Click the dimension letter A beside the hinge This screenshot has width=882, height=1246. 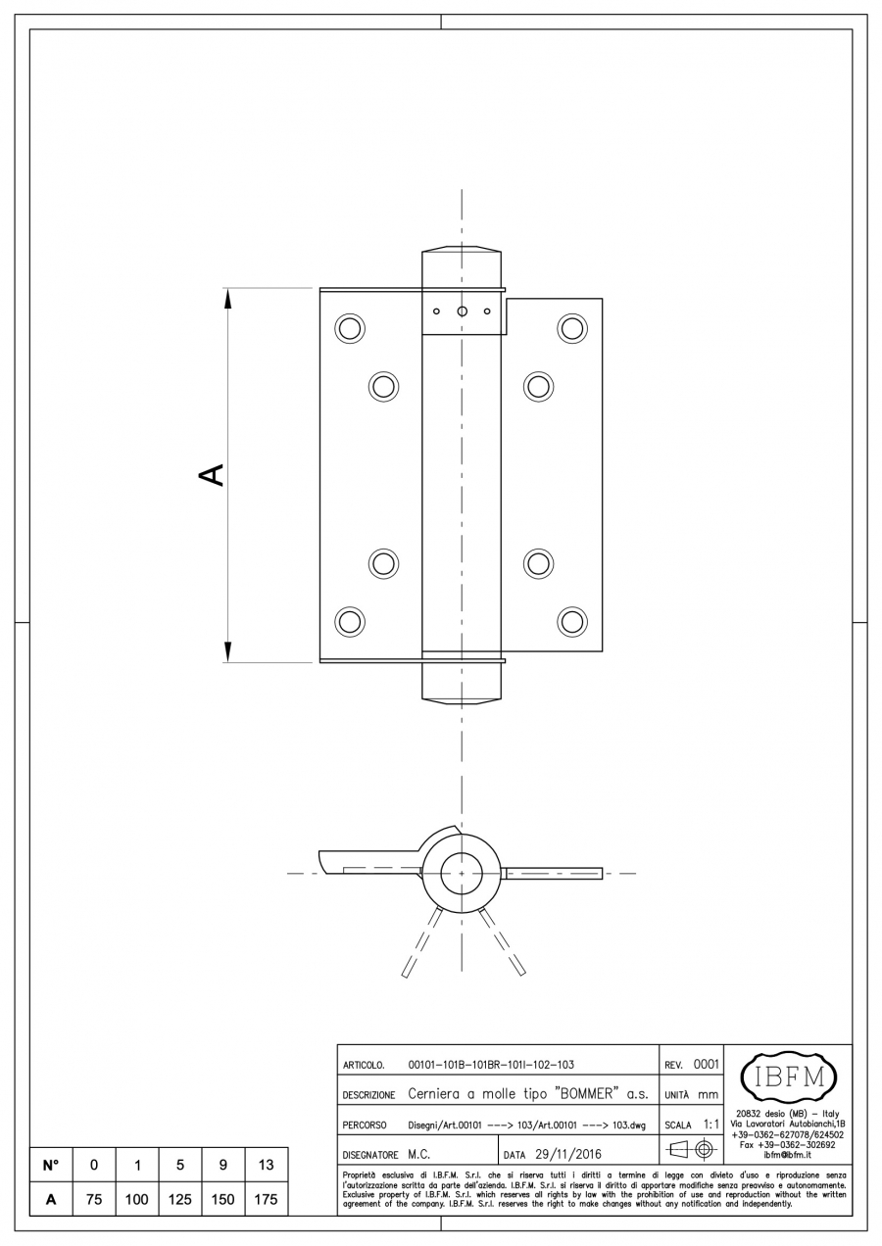coord(211,474)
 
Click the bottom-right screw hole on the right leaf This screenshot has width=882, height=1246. coord(571,621)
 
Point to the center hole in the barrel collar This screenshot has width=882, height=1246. coord(462,311)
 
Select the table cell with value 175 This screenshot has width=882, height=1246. coord(266,1199)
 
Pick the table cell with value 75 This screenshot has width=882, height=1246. coord(93,1199)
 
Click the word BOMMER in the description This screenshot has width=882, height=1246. coord(588,1093)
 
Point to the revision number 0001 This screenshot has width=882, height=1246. coord(707,1064)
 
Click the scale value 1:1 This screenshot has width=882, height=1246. coord(711,1125)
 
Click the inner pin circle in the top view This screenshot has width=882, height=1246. coord(462,874)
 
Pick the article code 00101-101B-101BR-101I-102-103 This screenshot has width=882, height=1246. coord(491,1065)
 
